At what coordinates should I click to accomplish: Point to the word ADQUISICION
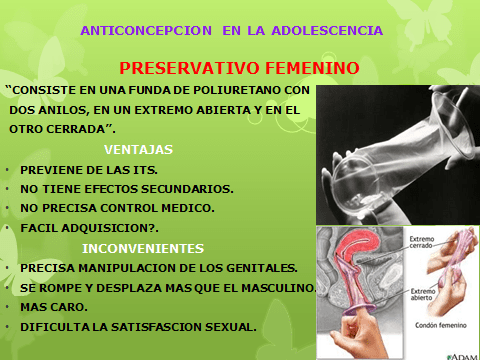coord(111,227)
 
